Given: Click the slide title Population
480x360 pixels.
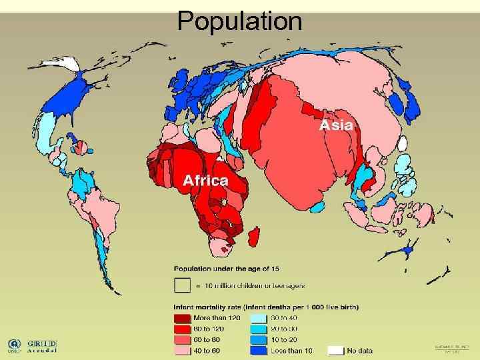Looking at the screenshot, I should click(x=239, y=21).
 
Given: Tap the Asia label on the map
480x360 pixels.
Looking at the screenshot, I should click(x=338, y=125).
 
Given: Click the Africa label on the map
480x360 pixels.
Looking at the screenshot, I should click(x=206, y=180).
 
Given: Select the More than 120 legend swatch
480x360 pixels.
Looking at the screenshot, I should click(x=182, y=318).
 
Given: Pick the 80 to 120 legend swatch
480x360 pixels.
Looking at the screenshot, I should click(x=182, y=329).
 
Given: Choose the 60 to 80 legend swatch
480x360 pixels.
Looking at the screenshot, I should click(x=182, y=339).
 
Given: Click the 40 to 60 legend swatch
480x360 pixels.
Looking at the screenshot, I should click(x=182, y=350).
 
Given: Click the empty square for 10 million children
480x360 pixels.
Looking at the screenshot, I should click(x=182, y=285).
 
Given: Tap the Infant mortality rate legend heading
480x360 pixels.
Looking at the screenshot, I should click(x=266, y=307).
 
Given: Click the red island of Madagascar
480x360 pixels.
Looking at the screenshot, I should click(x=254, y=234).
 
